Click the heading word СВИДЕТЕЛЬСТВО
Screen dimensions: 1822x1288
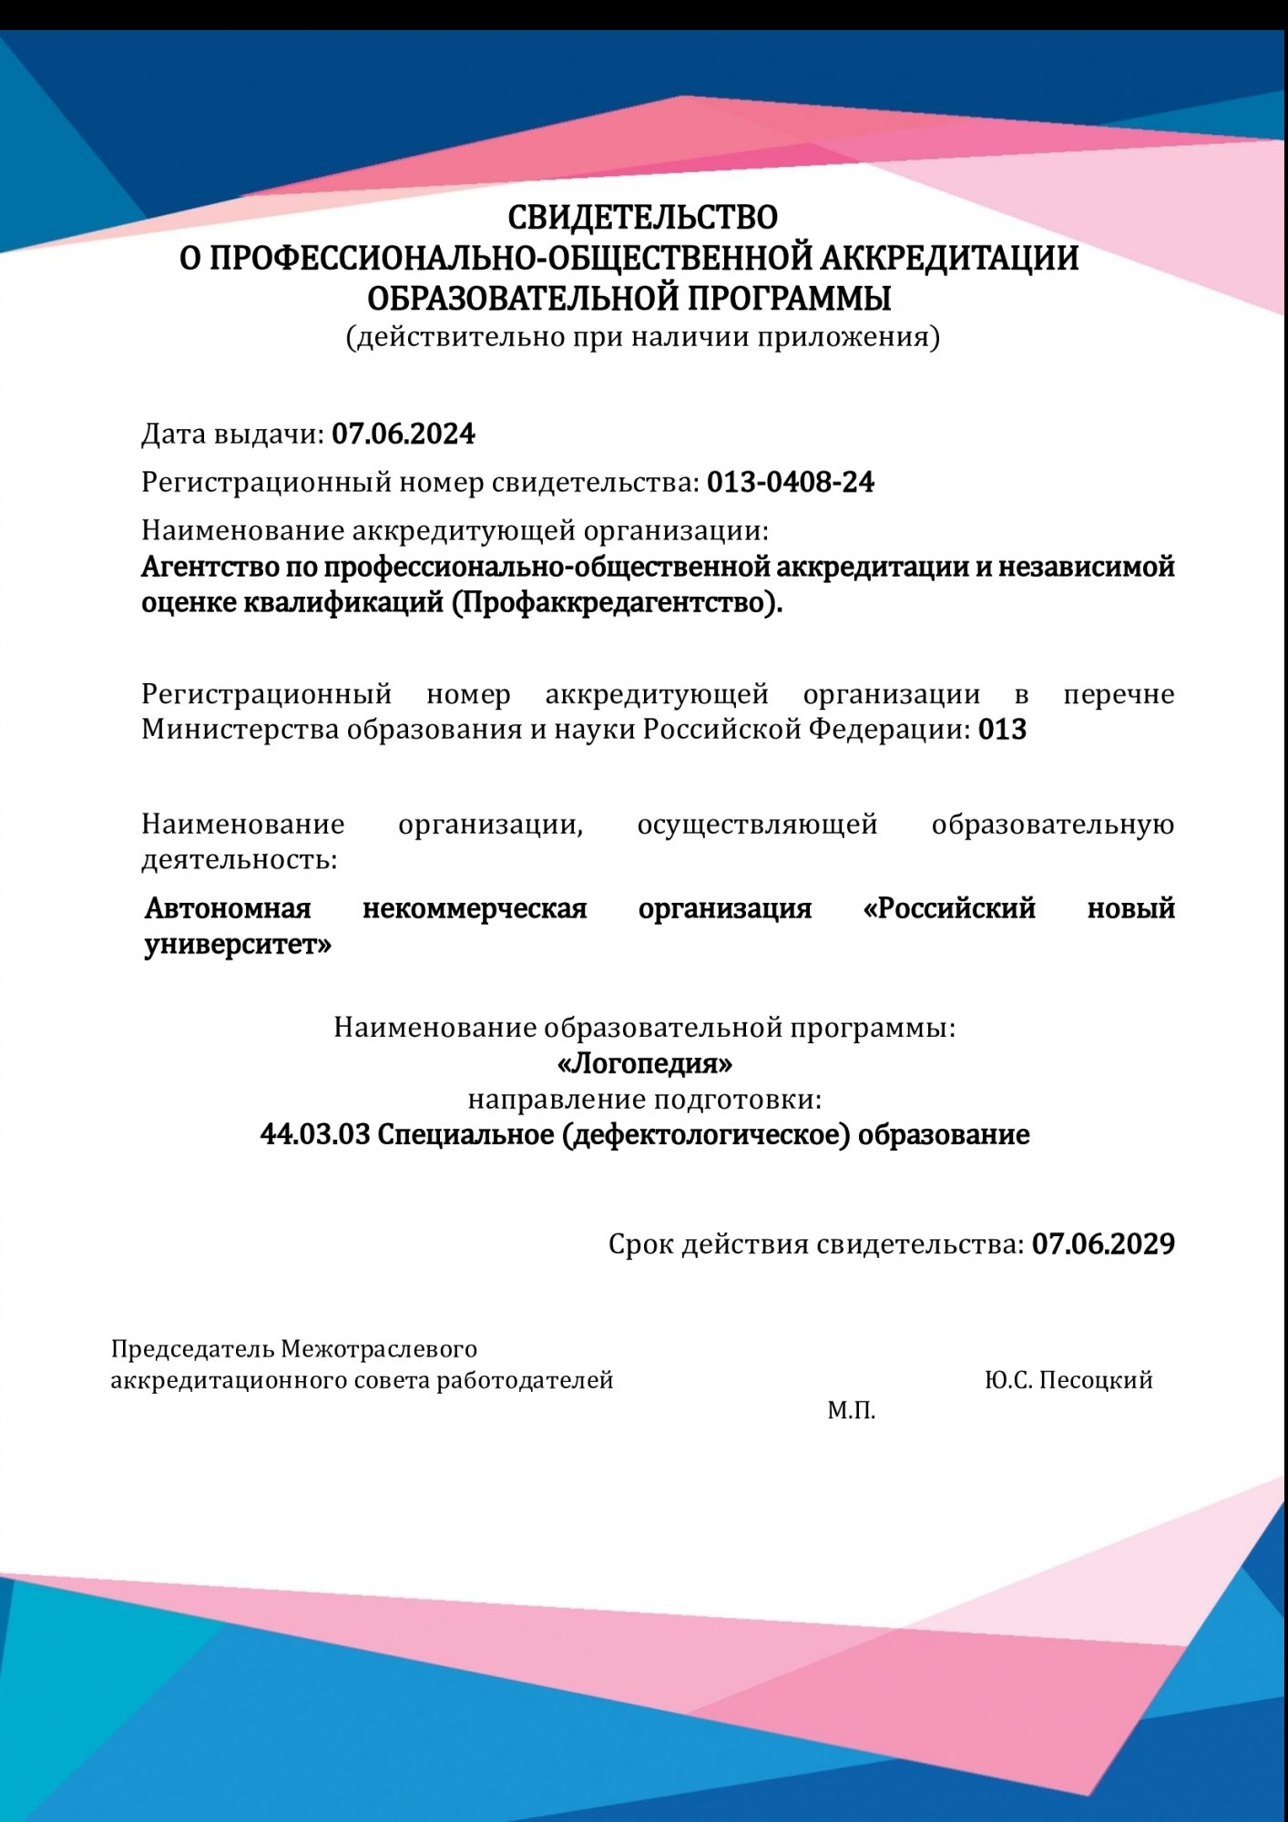[642, 218]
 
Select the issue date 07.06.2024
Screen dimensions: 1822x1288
[403, 434]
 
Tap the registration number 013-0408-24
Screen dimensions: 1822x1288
[791, 482]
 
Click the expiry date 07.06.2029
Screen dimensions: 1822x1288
[1103, 1244]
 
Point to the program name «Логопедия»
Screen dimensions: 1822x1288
[644, 1063]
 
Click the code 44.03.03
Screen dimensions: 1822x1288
[315, 1135]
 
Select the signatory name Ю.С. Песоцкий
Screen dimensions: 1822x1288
[1068, 1380]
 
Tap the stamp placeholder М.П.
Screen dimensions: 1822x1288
[851, 1411]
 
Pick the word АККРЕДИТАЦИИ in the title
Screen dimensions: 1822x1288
[949, 259]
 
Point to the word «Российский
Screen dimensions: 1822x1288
[949, 908]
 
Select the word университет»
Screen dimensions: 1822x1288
[238, 945]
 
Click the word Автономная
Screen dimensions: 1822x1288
[228, 908]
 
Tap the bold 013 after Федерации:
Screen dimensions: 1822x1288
[1002, 730]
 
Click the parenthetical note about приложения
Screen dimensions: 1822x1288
[642, 337]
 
